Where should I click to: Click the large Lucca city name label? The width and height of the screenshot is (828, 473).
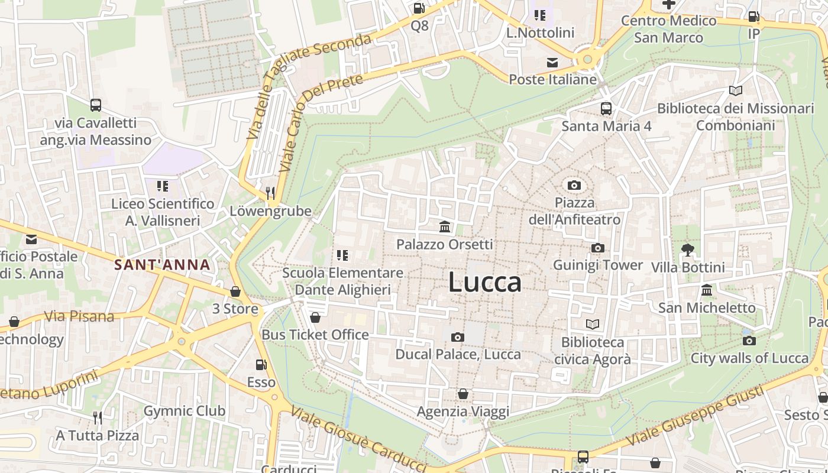(x=485, y=282)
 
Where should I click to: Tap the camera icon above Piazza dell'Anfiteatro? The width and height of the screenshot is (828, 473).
(x=574, y=185)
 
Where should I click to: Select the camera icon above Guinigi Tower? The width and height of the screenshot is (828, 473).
(x=598, y=248)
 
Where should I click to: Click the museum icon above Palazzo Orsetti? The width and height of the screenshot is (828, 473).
(x=445, y=226)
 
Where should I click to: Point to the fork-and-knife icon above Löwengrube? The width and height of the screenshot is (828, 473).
(x=270, y=193)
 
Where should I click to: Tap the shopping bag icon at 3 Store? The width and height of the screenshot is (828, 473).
(x=235, y=291)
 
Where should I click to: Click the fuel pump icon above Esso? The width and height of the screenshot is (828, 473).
(x=261, y=365)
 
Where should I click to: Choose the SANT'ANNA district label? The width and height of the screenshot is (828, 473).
(x=163, y=265)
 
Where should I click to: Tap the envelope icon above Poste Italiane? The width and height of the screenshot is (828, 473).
(x=552, y=63)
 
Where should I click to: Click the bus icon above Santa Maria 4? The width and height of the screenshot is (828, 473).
(x=606, y=109)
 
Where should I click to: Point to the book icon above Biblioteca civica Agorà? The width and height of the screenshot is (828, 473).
(x=592, y=324)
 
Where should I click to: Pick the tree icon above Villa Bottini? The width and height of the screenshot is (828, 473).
(x=687, y=250)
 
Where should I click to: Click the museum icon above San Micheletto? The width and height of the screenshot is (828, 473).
(x=707, y=290)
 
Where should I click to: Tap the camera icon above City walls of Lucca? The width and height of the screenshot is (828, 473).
(x=749, y=341)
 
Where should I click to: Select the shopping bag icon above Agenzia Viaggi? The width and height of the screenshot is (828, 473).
(x=463, y=394)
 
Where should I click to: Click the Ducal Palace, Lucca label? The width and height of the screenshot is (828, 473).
(x=458, y=354)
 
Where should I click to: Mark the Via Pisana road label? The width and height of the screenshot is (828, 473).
(x=79, y=316)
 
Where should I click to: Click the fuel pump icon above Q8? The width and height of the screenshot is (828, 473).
(x=419, y=8)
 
